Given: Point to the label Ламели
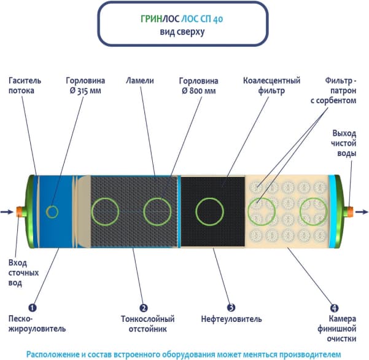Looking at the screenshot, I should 139,80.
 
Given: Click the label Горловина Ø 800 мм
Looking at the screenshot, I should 198,85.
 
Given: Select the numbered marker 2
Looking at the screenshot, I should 143,307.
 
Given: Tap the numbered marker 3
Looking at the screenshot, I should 231,307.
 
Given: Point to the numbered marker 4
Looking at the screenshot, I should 335,307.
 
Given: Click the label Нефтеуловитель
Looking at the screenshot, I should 231,319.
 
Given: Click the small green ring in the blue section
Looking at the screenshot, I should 53,211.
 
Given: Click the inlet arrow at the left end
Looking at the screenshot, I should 7,212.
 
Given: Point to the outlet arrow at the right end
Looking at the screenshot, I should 362,212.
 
